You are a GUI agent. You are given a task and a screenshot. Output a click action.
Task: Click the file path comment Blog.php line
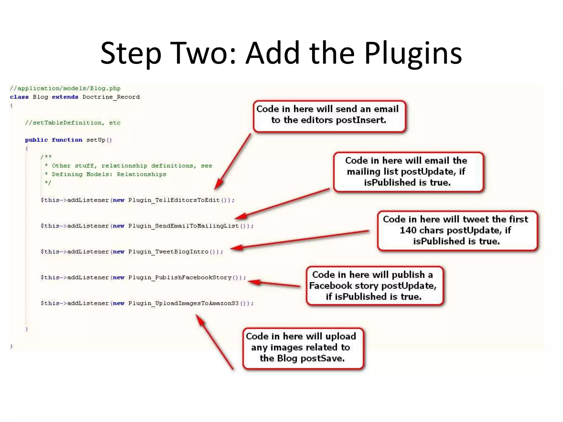(x=65, y=88)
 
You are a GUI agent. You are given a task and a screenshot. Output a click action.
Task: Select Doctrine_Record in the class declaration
(x=111, y=97)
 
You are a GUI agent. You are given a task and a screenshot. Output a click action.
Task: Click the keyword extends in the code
(x=65, y=97)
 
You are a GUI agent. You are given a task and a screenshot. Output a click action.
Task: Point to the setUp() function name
(x=99, y=140)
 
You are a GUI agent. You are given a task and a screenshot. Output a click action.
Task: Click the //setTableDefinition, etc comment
(x=73, y=123)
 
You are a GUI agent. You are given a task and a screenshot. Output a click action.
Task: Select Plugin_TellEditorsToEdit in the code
(x=174, y=200)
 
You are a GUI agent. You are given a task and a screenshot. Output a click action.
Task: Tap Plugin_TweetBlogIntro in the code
(x=168, y=252)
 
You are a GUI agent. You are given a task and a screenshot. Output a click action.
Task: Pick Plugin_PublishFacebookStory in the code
(x=180, y=277)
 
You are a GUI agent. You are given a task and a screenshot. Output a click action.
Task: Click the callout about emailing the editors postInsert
(x=329, y=116)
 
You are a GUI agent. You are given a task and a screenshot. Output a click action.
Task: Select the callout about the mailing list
(x=408, y=172)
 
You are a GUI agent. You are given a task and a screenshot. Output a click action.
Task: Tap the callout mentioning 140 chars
(x=457, y=231)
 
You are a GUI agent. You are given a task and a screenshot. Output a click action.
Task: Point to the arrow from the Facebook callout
(x=275, y=284)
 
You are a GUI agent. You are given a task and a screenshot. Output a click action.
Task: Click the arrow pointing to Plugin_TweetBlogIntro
(x=300, y=240)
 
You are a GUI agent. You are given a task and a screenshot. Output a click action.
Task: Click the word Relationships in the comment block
(x=141, y=174)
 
